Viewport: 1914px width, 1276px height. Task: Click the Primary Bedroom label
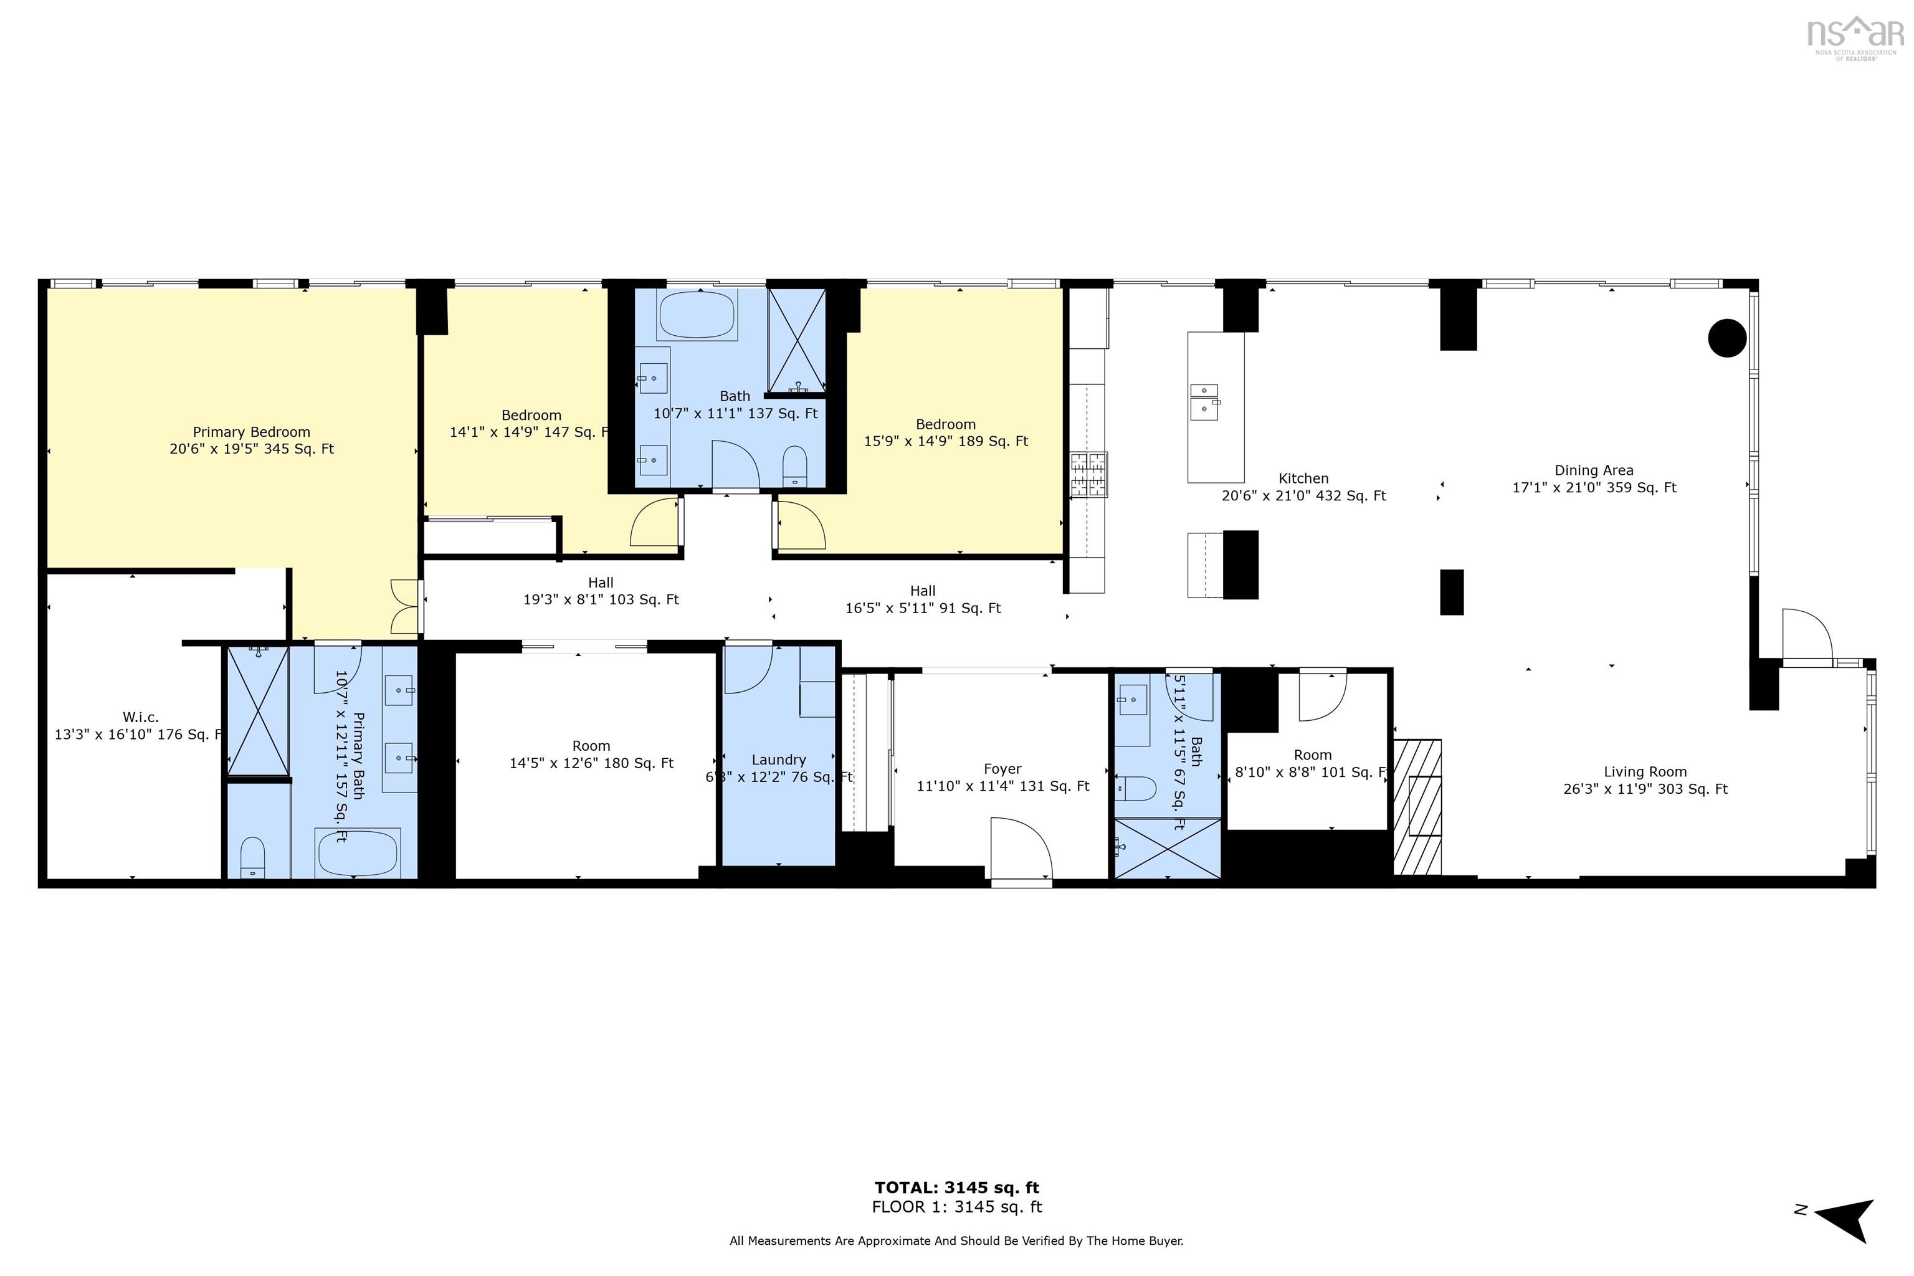[x=252, y=432]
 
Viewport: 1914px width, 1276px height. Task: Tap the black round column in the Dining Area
[x=1727, y=338]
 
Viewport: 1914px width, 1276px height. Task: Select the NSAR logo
[x=1855, y=37]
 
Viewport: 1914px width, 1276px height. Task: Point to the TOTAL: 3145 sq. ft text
[x=956, y=1188]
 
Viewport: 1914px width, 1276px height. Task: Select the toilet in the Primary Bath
[x=252, y=858]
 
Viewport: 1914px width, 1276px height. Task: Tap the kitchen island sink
[x=1204, y=402]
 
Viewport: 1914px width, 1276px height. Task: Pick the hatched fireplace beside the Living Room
[x=1417, y=806]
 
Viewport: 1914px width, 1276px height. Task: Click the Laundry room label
[x=779, y=759]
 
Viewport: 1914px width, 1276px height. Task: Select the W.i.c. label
[x=141, y=717]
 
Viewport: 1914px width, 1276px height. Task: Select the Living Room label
[x=1645, y=771]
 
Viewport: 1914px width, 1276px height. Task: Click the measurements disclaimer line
[x=956, y=1241]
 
